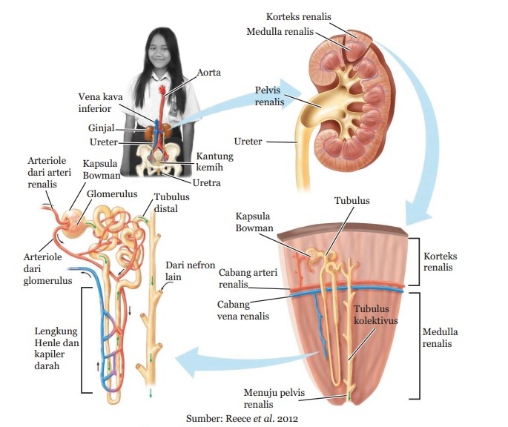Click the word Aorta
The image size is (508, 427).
(210, 73)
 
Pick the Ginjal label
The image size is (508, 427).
(101, 128)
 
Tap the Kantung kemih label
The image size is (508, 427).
(215, 162)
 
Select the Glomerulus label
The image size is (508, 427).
(112, 192)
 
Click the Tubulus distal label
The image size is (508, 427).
(171, 203)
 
